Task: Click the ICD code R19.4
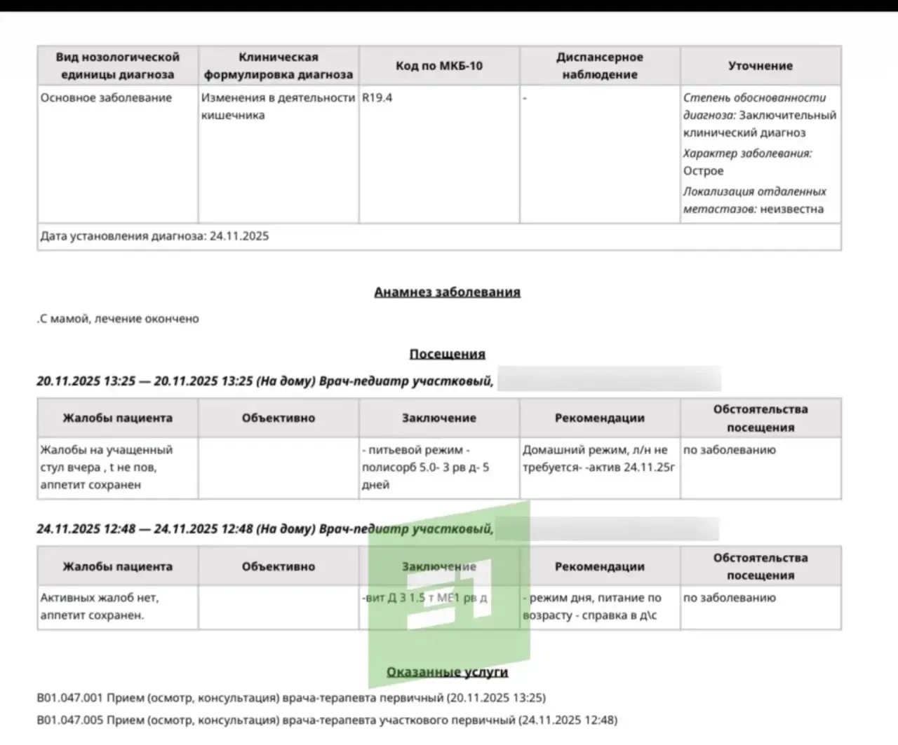point(377,98)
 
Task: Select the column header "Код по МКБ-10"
point(439,66)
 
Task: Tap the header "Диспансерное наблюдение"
point(600,66)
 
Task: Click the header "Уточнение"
point(760,66)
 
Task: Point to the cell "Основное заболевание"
point(106,98)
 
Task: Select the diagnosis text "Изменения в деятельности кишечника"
point(278,107)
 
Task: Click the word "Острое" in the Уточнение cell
point(703,171)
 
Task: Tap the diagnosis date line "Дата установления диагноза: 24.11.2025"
point(154,236)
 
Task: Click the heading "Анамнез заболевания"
point(447,292)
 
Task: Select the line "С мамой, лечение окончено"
point(119,319)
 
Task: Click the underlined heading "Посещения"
point(447,354)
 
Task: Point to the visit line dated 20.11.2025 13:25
point(264,381)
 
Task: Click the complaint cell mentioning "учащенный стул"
point(106,467)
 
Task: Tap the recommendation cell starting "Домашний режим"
point(598,458)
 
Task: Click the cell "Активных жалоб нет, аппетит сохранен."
point(100,606)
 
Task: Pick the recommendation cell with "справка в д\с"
point(593,607)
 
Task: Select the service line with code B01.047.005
point(327,720)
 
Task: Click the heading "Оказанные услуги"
point(447,672)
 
